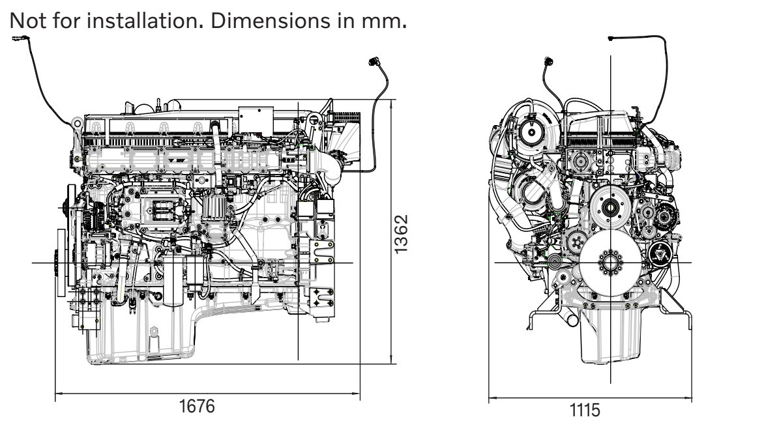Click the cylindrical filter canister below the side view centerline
[x=174, y=280]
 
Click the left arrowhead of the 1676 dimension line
[x=58, y=394]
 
